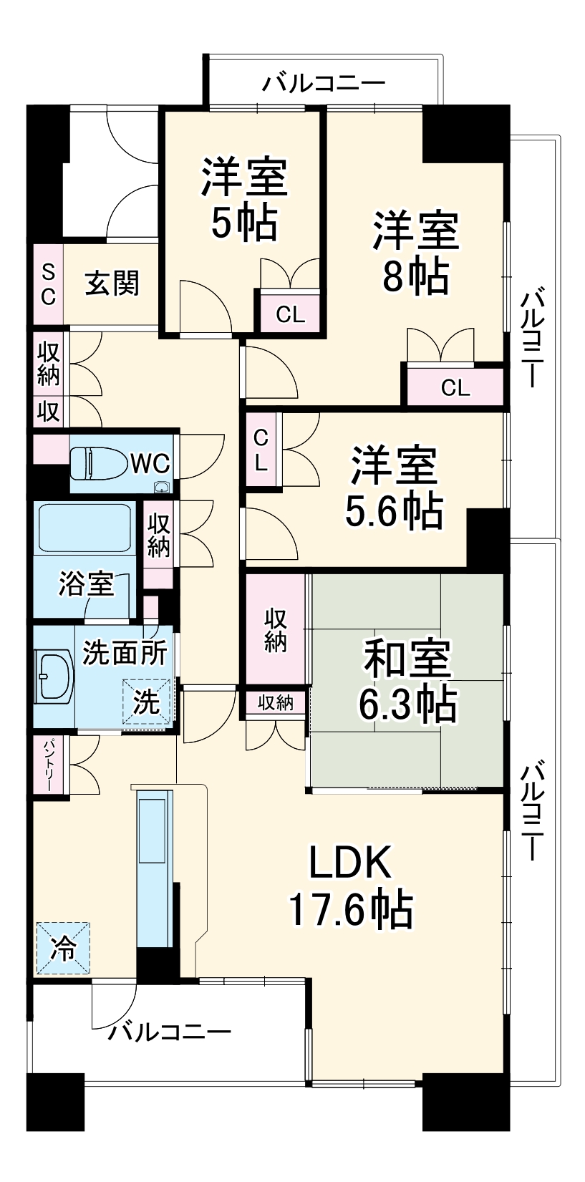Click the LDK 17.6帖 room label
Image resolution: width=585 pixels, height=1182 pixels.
pyautogui.click(x=349, y=886)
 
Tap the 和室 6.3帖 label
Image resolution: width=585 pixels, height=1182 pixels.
pyautogui.click(x=407, y=679)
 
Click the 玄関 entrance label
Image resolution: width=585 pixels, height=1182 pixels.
pyautogui.click(x=112, y=284)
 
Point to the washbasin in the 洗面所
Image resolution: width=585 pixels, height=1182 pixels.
pyautogui.click(x=54, y=676)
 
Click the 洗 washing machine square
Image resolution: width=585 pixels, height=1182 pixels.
pyautogui.click(x=147, y=702)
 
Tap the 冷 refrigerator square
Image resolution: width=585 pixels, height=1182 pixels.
pyautogui.click(x=63, y=949)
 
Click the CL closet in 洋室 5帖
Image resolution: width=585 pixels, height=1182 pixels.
pyautogui.click(x=290, y=314)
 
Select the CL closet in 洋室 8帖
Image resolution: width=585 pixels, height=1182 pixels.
pyautogui.click(x=455, y=387)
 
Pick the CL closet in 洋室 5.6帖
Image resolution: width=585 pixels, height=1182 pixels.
pyautogui.click(x=261, y=450)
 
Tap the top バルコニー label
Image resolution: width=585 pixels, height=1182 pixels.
pyautogui.click(x=323, y=84)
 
